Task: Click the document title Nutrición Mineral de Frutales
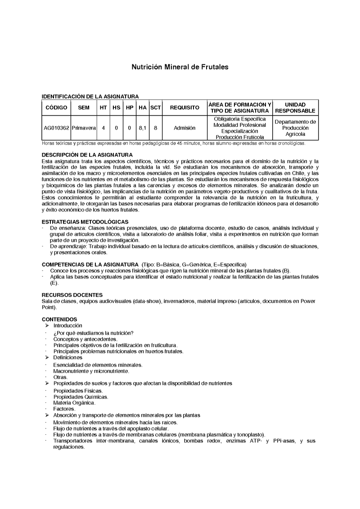tap(180, 67)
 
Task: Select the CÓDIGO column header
tap(56, 108)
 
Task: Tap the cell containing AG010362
tap(56, 128)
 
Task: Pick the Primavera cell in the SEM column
tap(84, 128)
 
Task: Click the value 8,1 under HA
tap(143, 128)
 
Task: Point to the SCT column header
tap(155, 108)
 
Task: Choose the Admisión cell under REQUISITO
tap(184, 128)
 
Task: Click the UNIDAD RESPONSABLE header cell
tap(295, 108)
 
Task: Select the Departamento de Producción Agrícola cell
tap(295, 128)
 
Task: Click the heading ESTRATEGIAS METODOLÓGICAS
tap(85, 222)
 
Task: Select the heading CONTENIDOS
tap(59, 319)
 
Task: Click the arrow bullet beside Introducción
tap(47, 325)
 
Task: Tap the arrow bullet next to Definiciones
tap(47, 357)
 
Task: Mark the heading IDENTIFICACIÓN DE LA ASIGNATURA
tap(90, 96)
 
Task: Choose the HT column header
tap(103, 108)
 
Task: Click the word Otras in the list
tap(60, 377)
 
